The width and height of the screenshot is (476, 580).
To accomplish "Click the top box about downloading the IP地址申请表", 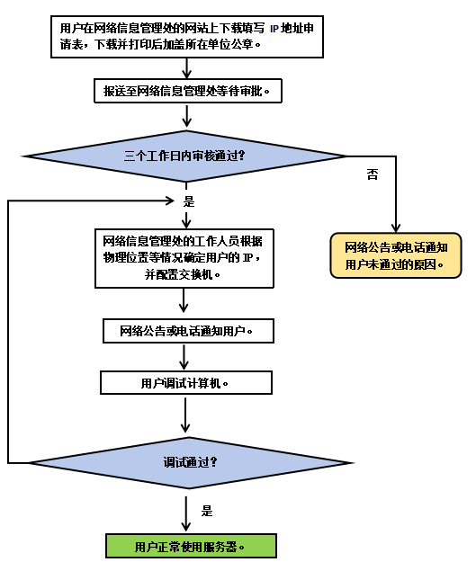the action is (x=187, y=37).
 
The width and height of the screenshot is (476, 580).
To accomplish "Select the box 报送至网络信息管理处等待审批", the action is (x=188, y=91).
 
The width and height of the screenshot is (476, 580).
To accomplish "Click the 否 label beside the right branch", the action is (x=373, y=174).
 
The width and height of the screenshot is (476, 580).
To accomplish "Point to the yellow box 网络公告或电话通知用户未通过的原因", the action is (x=396, y=255).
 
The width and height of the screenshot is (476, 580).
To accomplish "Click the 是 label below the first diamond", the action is (x=189, y=201).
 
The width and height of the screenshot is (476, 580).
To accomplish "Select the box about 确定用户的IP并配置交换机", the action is (x=184, y=258).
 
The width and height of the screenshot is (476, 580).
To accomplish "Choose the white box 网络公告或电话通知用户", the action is (x=188, y=331).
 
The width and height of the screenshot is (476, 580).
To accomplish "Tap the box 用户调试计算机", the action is (x=186, y=383).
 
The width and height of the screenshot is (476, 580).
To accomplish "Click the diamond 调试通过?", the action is (x=191, y=462).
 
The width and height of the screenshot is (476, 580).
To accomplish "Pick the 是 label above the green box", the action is (x=207, y=511).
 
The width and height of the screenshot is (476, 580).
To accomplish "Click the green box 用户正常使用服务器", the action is (x=191, y=546).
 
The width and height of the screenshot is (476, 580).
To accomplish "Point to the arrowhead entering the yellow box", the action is (x=396, y=228).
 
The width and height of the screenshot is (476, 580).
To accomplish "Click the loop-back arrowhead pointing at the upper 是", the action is (x=169, y=201).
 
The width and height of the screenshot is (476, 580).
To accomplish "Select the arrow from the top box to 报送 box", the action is (x=187, y=68).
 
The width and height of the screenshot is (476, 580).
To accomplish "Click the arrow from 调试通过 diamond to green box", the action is (x=186, y=514).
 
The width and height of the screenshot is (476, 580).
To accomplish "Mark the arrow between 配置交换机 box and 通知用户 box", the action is (x=184, y=300).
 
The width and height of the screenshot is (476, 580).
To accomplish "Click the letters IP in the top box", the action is (x=274, y=29).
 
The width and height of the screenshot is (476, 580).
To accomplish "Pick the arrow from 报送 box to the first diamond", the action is (x=187, y=116).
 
